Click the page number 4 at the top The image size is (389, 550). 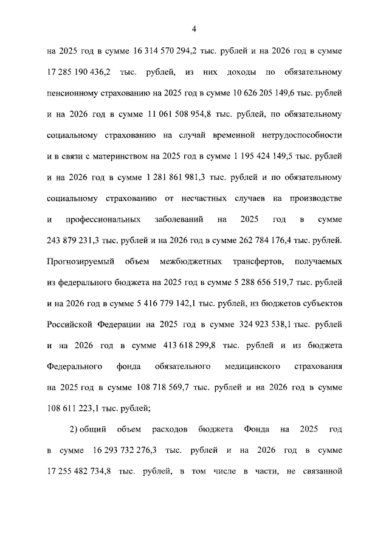point(194,29)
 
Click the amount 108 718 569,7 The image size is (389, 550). point(154,388)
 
